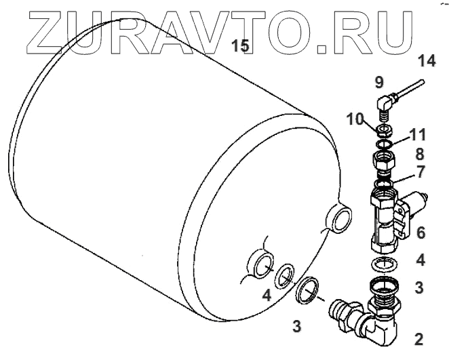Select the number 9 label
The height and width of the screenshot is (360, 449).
click(379, 83)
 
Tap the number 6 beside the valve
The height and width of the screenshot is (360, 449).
click(421, 233)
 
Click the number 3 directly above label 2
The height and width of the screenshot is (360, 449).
click(420, 287)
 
